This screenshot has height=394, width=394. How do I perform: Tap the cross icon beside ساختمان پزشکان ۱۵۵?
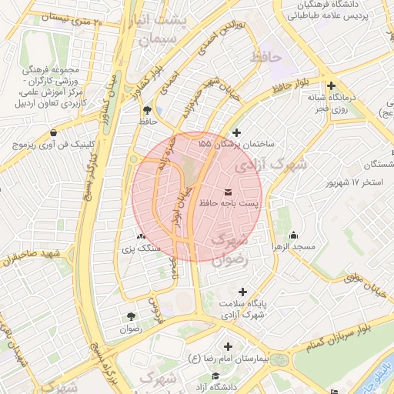[x=235, y=132]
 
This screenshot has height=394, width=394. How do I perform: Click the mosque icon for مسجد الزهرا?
[x=292, y=235]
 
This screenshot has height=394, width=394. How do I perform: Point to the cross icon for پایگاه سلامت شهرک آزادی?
[x=243, y=292]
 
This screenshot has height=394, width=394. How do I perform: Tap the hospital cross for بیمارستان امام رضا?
[x=227, y=346]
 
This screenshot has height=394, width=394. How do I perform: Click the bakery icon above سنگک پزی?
[x=140, y=236]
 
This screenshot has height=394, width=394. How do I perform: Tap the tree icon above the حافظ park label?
[x=146, y=109]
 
